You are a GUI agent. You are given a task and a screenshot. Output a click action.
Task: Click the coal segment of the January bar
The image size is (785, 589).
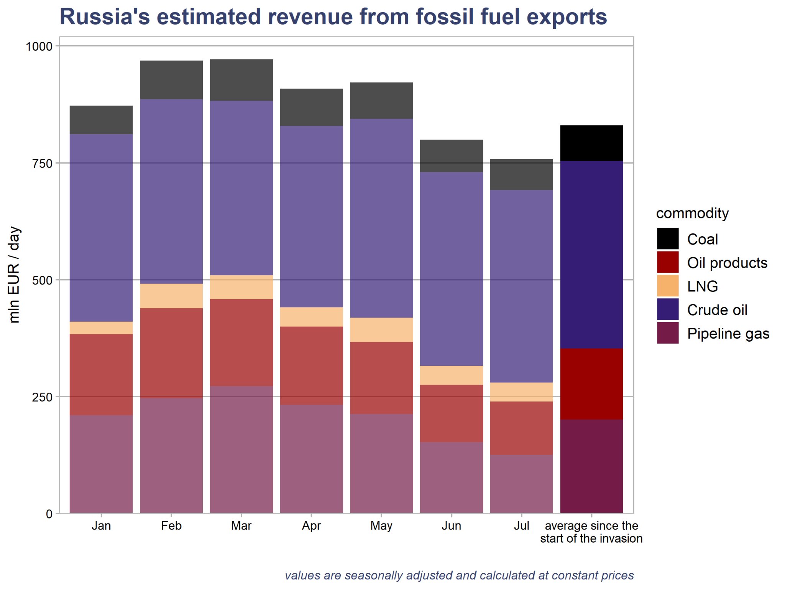(x=101, y=120)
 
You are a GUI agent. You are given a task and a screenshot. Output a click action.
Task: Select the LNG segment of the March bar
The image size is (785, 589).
(x=241, y=287)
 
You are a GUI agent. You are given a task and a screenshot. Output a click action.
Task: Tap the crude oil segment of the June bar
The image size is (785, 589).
(x=452, y=269)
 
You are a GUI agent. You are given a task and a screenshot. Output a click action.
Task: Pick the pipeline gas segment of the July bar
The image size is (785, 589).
(x=522, y=484)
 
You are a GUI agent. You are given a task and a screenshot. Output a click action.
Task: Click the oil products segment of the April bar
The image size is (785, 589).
(x=312, y=366)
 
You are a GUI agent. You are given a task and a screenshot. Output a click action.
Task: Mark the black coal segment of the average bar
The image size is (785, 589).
(x=592, y=143)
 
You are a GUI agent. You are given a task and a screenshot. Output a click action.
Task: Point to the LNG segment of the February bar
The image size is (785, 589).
(x=171, y=296)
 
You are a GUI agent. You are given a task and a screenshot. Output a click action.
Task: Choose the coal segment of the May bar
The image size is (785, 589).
(x=382, y=101)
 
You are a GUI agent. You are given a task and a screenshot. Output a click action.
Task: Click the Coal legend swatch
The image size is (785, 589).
(x=668, y=239)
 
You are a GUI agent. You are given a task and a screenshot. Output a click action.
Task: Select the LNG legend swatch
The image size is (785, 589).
(x=668, y=286)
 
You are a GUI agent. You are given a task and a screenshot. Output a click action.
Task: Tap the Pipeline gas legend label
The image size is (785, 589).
(x=728, y=334)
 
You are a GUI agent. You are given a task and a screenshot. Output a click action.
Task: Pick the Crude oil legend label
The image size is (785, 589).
(x=717, y=310)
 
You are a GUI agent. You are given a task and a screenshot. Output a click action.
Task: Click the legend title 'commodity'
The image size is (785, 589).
(x=692, y=213)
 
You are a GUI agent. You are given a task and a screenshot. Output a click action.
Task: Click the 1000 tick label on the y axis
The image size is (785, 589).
(x=39, y=46)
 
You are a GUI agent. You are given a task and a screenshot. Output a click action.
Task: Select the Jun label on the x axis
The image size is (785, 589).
(x=452, y=525)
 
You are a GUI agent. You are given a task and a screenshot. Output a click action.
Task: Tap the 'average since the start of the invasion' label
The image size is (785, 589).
(x=591, y=532)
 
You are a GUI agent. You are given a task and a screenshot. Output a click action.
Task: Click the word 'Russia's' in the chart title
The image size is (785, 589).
(x=105, y=17)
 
